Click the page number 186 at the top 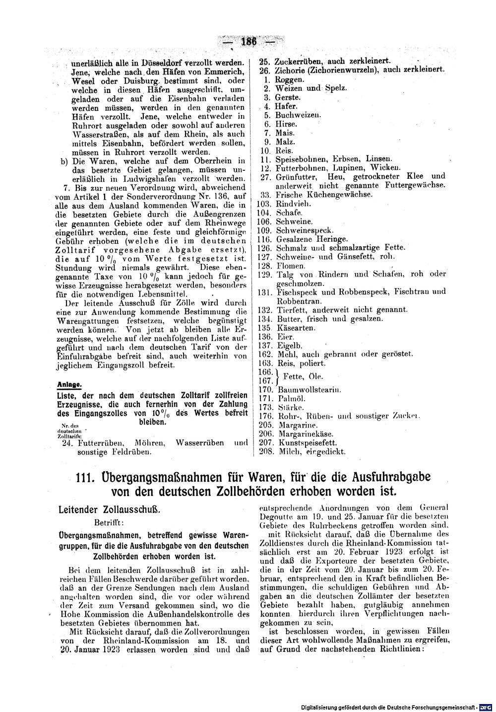click(x=247, y=42)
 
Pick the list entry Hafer click(x=286, y=106)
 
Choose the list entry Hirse click(x=286, y=124)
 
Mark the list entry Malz click(x=285, y=142)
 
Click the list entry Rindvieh click(x=294, y=204)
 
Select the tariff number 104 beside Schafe click(x=263, y=213)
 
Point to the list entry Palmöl click(x=291, y=399)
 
